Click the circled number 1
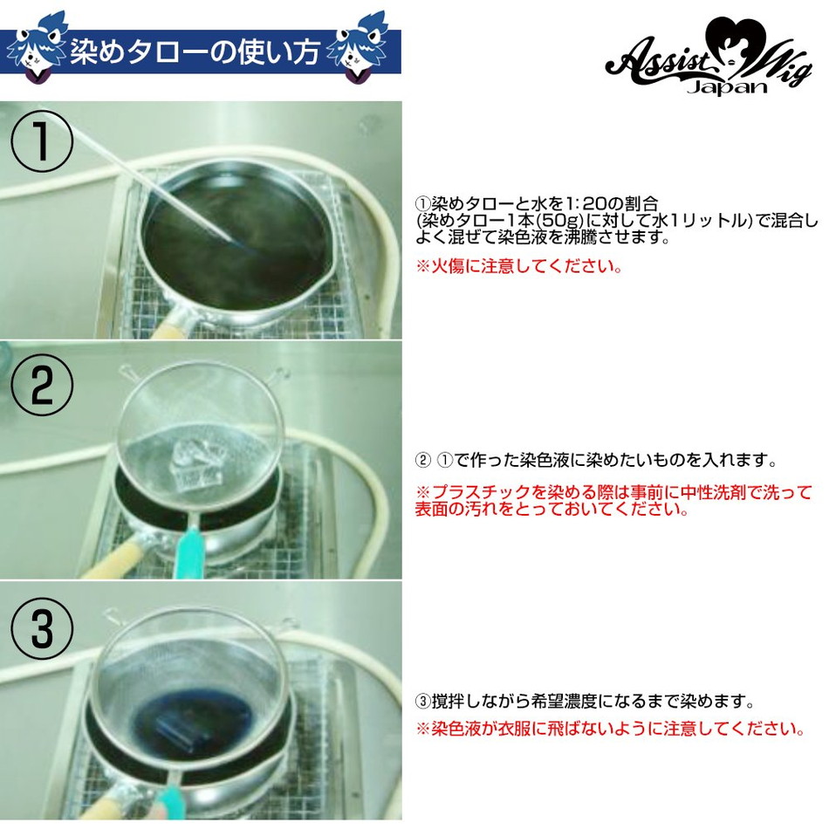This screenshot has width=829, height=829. (x=42, y=145)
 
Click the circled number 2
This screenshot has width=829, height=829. (x=42, y=387)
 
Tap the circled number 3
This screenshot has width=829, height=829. (x=42, y=627)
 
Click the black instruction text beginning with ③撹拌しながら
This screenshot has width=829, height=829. (x=584, y=701)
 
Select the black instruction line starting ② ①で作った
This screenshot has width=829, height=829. (x=595, y=459)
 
